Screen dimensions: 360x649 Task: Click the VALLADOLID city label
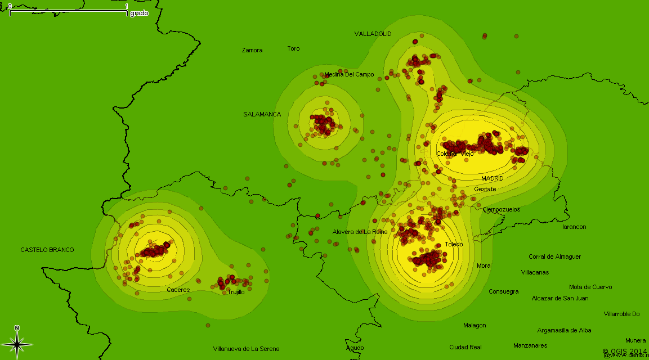(373, 34)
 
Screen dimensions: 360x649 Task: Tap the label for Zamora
(252, 50)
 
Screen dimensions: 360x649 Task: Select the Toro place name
(293, 48)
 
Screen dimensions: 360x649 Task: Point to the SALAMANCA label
(262, 114)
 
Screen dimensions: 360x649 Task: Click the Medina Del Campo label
(349, 74)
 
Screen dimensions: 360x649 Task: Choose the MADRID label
(492, 178)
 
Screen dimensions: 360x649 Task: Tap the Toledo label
(454, 244)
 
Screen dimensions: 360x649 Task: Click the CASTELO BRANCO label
(47, 250)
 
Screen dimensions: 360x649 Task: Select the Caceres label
(178, 290)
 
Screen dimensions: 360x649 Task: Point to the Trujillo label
(236, 292)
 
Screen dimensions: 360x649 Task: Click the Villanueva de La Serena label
(246, 349)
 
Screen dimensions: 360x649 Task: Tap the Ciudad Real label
(466, 347)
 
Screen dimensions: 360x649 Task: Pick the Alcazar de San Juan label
(560, 298)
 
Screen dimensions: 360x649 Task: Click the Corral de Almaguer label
(554, 256)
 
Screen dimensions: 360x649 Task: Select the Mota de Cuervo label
(590, 287)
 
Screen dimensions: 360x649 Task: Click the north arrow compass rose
(17, 342)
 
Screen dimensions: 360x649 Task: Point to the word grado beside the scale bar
(139, 13)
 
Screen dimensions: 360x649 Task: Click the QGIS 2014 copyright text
(625, 351)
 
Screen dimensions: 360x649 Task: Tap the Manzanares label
(530, 345)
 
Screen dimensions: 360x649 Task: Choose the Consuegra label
(503, 291)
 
